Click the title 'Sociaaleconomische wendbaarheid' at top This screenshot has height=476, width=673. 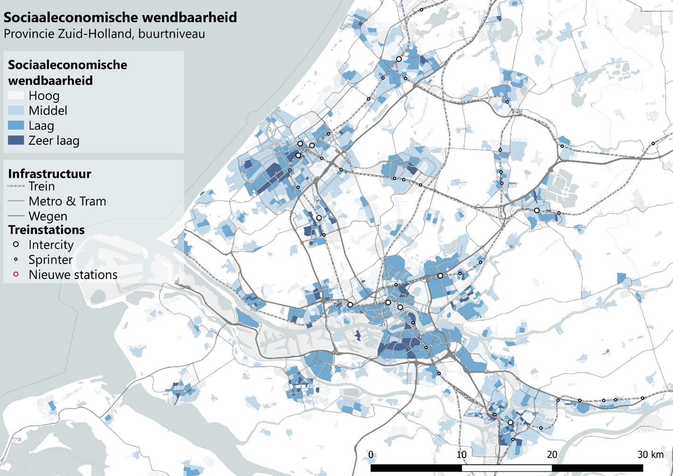coord(120,17)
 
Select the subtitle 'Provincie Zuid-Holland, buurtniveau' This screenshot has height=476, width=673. coord(104,34)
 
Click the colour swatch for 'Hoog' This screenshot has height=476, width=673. coord(16,95)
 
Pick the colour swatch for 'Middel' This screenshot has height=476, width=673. coord(16,110)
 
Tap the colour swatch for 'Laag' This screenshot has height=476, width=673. coord(16,125)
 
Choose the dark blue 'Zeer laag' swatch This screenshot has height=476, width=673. coord(16,140)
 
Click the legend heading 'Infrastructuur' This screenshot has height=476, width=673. coord(49,173)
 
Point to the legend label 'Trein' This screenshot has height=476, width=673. coord(41,186)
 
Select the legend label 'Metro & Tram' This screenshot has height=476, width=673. coord(67,201)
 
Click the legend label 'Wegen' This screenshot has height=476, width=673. coord(48,216)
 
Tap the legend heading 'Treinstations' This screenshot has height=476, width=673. coord(46,230)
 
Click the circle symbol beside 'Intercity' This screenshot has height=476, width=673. coord(16,245)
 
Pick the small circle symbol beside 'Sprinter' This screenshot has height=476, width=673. coord(16,260)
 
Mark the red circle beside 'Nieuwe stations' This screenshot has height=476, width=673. coord(16,274)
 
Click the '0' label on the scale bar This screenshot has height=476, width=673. coord(371,455)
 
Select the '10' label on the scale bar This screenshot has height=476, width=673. coord(461,455)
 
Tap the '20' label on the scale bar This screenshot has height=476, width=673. coord(552,455)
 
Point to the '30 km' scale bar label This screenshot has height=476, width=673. coord(650,455)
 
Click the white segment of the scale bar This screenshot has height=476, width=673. coord(507,468)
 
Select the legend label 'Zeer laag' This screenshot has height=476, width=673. coord(54,140)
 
